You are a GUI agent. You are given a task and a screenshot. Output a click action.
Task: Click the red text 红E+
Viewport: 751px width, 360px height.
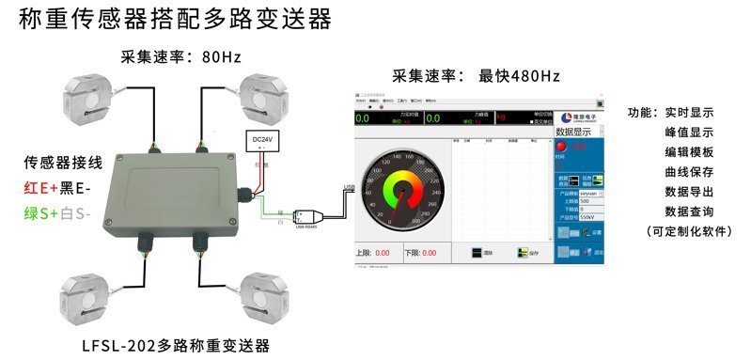pos(39,188)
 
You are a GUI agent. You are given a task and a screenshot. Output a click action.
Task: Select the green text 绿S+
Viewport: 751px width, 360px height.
pos(41,212)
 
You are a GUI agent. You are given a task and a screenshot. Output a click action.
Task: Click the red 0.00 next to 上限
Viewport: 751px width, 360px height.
pos(383,253)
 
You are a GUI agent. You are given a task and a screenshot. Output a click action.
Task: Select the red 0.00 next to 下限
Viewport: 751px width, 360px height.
pos(430,253)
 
